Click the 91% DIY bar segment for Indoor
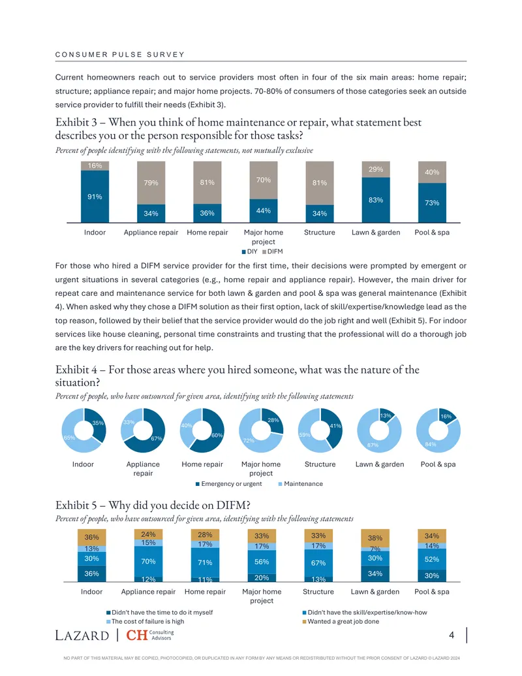pos(95,197)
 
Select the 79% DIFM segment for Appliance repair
pos(151,183)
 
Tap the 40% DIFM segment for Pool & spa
pos(432,172)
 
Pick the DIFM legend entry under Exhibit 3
pos(272,251)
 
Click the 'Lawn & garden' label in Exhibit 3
pos(376,233)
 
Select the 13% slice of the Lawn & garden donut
pos(386,415)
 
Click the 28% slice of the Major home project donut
pos(273,421)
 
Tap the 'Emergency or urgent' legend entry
pos(228,484)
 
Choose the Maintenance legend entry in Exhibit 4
pos(301,484)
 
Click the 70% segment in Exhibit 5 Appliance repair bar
pos(149,561)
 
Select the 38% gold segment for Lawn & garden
pos(375,538)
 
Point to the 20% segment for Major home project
pos(262,578)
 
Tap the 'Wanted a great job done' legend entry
pos(341,621)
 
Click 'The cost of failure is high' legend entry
pos(145,621)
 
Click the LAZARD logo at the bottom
pos(82,636)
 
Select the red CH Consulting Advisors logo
pos(150,635)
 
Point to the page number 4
pos(452,635)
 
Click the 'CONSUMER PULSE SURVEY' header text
pos(119,55)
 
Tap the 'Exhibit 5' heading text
pos(76,505)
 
